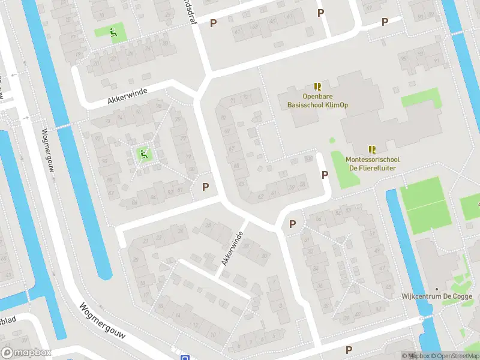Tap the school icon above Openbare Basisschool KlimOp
pos(317,86)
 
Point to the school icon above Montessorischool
pos(372,149)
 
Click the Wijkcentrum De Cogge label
pos(437,296)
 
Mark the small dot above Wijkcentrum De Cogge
pos(436,288)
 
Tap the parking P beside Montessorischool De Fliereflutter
pos(325,175)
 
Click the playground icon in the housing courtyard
pos(143,155)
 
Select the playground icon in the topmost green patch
pos(112,32)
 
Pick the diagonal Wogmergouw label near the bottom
pos(102,320)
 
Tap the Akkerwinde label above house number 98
pos(127,95)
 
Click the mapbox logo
pos(26,352)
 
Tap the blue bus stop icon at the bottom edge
pos(184,357)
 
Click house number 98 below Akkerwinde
pos(158,106)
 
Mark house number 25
pos(208,226)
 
